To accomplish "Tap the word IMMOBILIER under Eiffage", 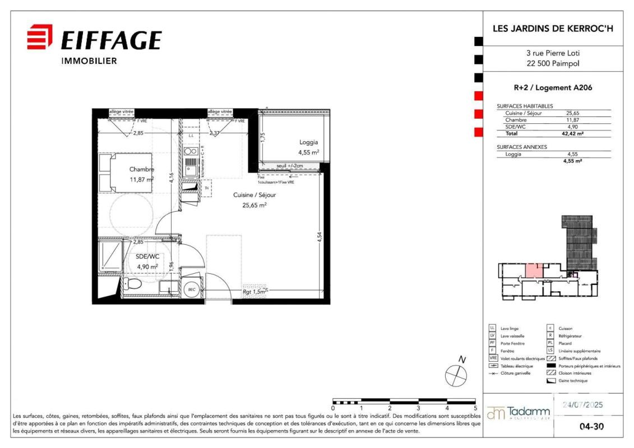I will point(89,61).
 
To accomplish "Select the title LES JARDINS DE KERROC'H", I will point(548,28).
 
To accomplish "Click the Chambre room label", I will point(141,169).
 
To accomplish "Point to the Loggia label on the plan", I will point(309,142).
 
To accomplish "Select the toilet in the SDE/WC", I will point(132,284).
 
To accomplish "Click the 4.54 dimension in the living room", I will point(319,236).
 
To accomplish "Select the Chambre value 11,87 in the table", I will point(572,120).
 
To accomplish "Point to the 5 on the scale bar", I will point(475,409).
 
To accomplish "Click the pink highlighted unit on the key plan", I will point(533,270).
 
